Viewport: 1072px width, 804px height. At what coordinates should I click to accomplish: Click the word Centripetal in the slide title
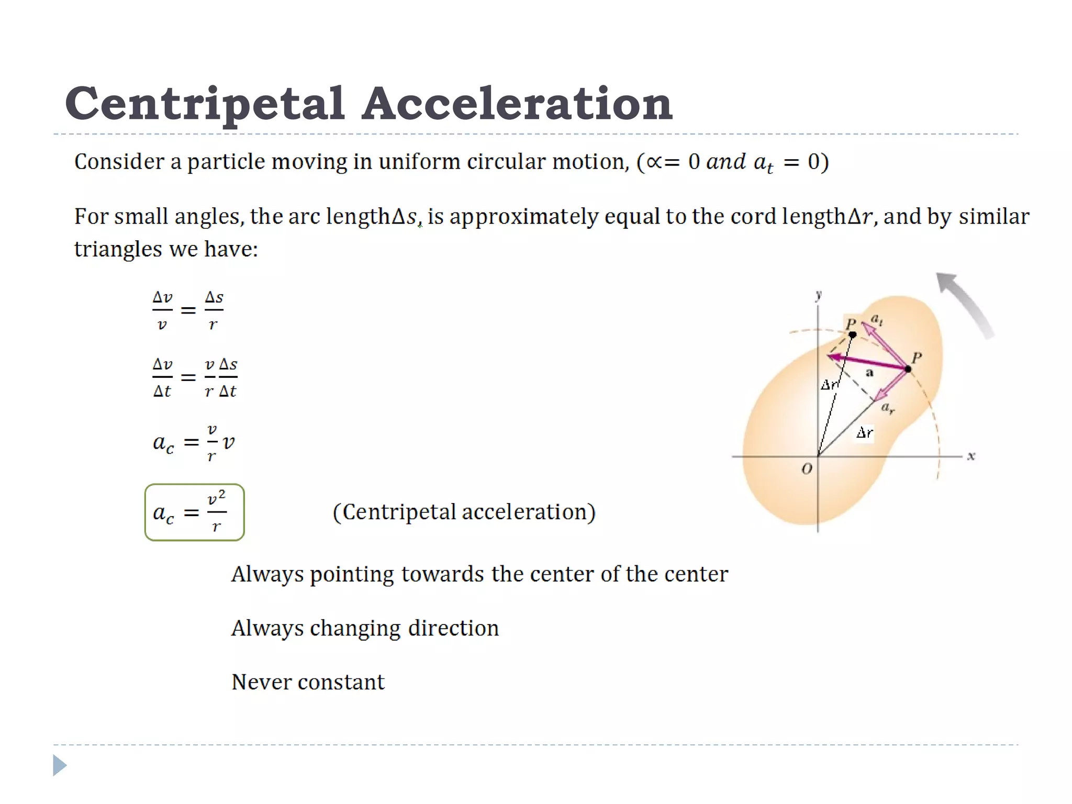pyautogui.click(x=205, y=104)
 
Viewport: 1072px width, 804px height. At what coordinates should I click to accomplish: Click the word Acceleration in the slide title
pyautogui.click(x=517, y=104)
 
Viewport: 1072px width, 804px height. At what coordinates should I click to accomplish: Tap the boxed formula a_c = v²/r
pyautogui.click(x=194, y=512)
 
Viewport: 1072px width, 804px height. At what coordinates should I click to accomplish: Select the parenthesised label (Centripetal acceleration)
pyautogui.click(x=464, y=512)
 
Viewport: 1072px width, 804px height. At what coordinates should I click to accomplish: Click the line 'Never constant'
pyautogui.click(x=308, y=682)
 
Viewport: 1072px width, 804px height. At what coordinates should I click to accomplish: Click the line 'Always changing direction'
pyautogui.click(x=365, y=628)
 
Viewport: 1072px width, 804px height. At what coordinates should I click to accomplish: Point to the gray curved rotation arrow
pyautogui.click(x=965, y=304)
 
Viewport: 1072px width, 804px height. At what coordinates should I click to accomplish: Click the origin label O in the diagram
pyautogui.click(x=807, y=469)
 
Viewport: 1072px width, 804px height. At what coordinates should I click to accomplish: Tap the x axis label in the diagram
pyautogui.click(x=971, y=456)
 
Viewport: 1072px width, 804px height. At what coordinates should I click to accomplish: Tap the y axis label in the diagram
pyautogui.click(x=819, y=295)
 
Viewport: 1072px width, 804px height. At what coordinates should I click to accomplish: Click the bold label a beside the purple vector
pyautogui.click(x=869, y=373)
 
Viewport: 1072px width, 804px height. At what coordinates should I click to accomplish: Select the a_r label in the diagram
pyautogui.click(x=887, y=408)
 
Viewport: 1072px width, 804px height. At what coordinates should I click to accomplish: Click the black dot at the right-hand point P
pyautogui.click(x=908, y=369)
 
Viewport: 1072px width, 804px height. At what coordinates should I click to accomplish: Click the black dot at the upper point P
pyautogui.click(x=852, y=334)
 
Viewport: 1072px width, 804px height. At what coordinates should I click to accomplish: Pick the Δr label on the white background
pyautogui.click(x=865, y=433)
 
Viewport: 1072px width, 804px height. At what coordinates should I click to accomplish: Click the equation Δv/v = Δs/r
pyautogui.click(x=188, y=310)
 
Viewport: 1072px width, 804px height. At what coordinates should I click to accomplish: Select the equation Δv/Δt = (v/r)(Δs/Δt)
pyautogui.click(x=195, y=377)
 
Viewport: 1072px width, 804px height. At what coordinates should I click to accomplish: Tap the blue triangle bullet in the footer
pyautogui.click(x=60, y=766)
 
